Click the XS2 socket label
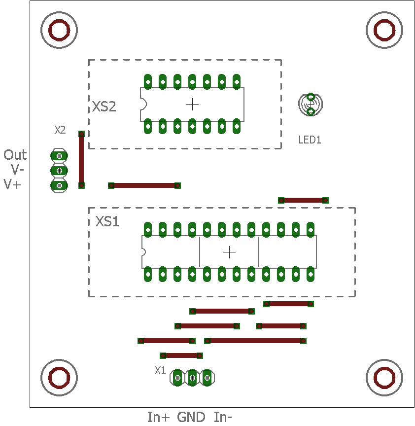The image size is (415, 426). click(104, 106)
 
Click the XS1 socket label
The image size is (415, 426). click(107, 221)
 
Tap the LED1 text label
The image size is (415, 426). click(310, 140)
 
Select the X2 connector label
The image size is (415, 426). click(60, 130)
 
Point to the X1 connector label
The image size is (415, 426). click(160, 370)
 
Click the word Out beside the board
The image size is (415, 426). click(15, 155)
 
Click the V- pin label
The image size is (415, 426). click(17, 170)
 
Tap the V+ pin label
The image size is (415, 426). click(12, 184)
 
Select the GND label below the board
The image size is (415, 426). click(191, 417)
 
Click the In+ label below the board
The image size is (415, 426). click(158, 417)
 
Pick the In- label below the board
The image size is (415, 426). click(223, 417)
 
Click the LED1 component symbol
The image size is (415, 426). click(311, 104)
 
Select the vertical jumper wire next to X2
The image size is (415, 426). click(81, 160)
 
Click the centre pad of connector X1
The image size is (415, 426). click(192, 378)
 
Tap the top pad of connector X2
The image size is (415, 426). click(59, 156)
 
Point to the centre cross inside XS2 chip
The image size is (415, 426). click(192, 105)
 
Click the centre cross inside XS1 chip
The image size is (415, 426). click(229, 252)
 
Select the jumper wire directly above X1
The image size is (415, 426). click(181, 355)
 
